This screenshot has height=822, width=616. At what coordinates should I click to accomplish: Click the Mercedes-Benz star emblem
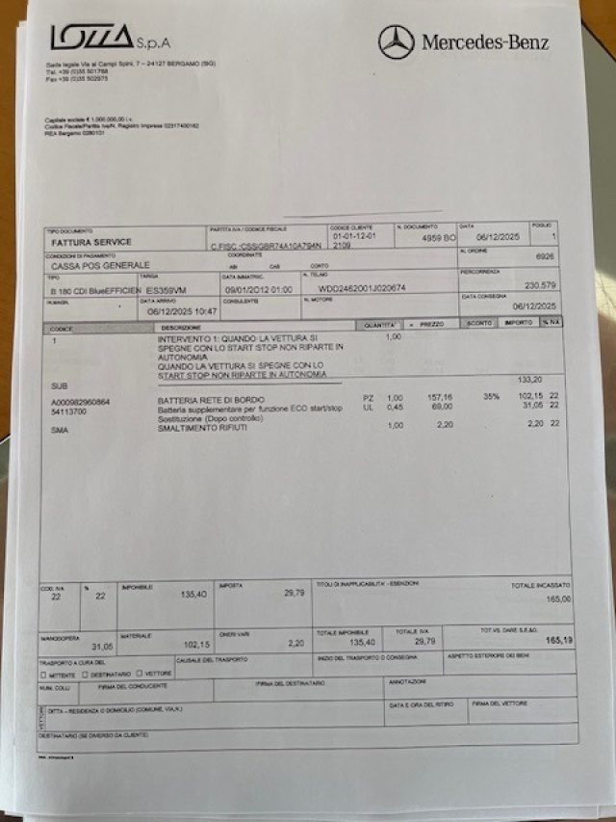pyautogui.click(x=396, y=42)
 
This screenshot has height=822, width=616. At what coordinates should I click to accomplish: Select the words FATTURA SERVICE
pyautogui.click(x=91, y=242)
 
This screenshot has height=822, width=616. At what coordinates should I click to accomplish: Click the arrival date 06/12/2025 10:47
pyautogui.click(x=183, y=312)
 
